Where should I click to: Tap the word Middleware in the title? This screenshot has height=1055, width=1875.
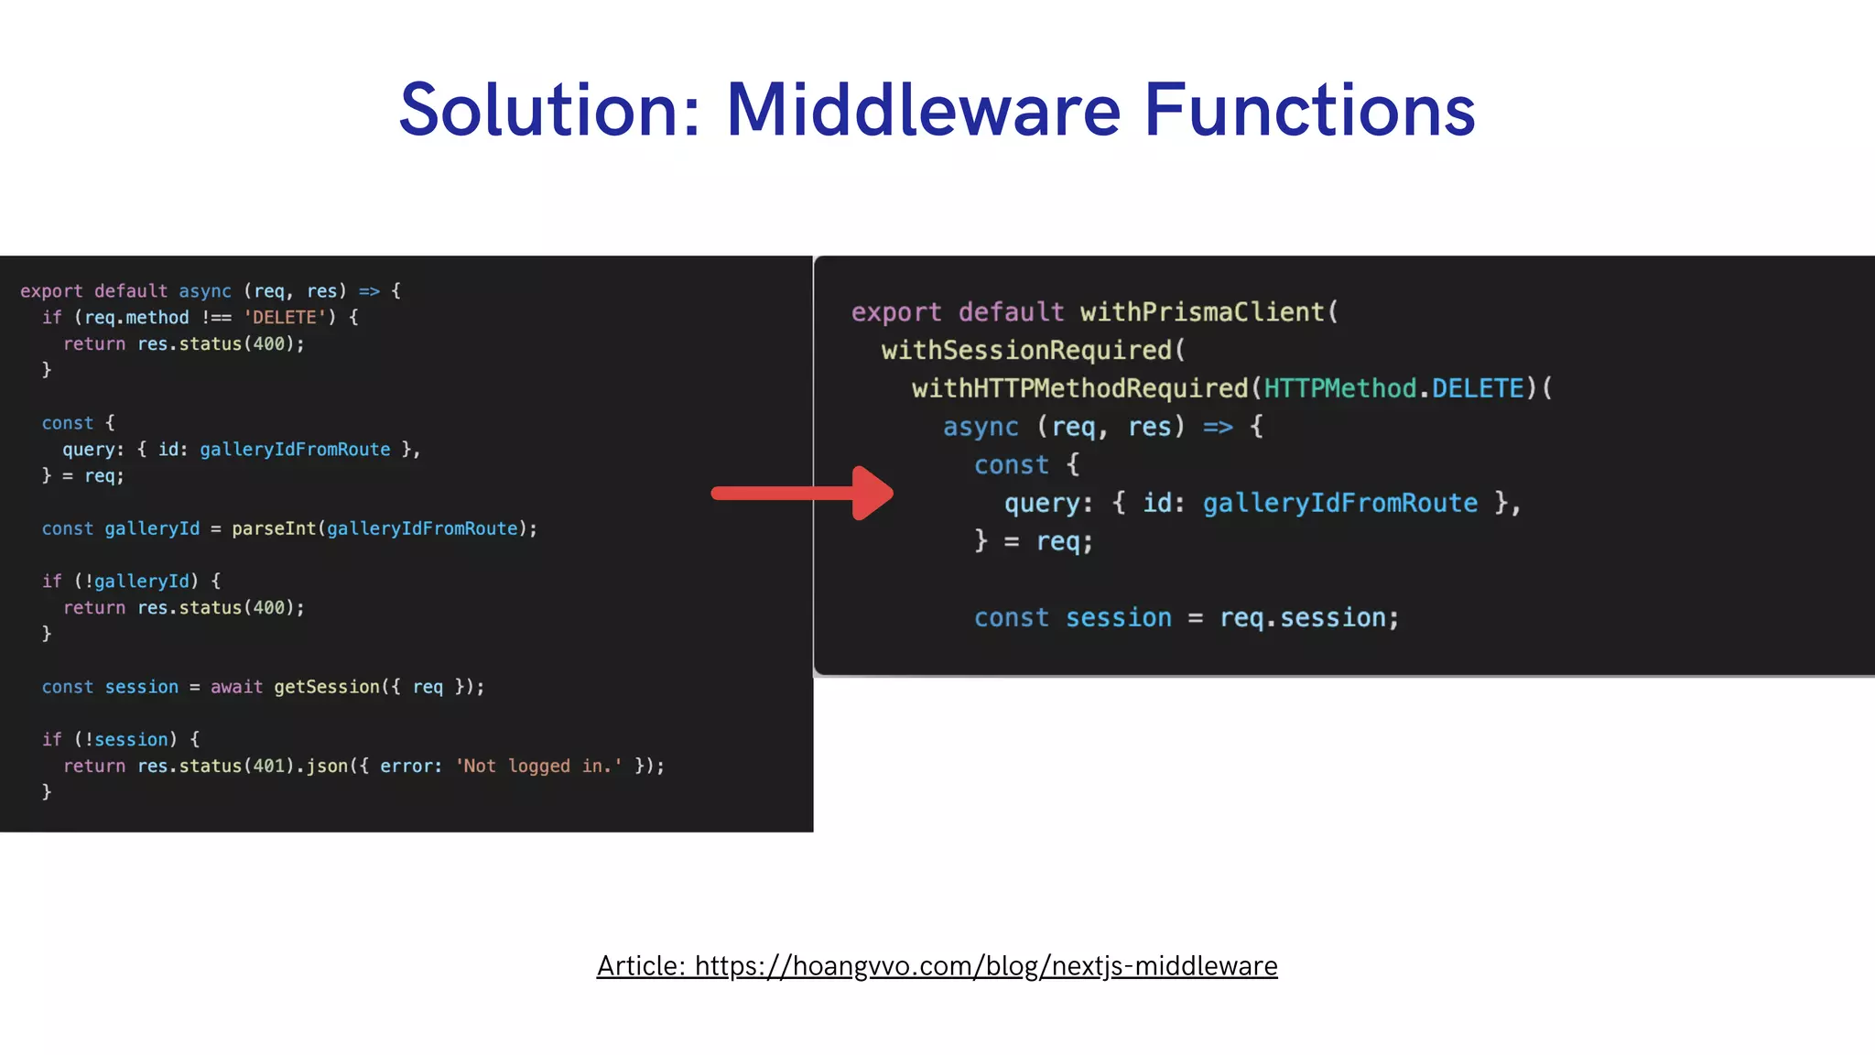923,111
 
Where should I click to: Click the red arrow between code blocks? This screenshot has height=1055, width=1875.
802,494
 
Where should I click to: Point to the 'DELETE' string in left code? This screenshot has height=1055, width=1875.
285,318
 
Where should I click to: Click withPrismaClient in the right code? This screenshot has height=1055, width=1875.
1202,312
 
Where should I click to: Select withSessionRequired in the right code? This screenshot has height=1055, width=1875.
1026,351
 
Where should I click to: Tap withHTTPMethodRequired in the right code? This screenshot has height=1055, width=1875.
1080,389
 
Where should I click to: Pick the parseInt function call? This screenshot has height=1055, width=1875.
274,529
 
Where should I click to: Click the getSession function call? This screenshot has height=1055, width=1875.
327,687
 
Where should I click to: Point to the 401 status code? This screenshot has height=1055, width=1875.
269,767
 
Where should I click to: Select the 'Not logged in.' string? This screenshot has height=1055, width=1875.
539,767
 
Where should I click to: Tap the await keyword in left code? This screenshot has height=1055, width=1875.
236,687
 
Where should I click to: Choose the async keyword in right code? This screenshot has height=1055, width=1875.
981,428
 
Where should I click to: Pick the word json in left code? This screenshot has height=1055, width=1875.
327,767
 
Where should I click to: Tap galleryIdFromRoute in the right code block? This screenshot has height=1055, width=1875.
1340,504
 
